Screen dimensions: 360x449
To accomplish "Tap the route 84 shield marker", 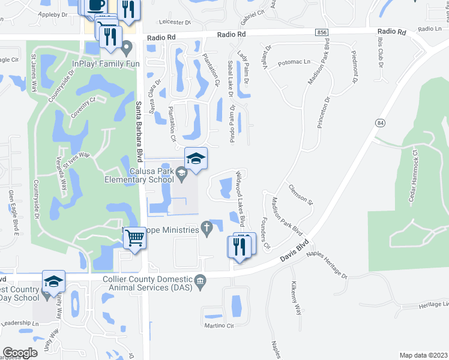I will tap(379, 123).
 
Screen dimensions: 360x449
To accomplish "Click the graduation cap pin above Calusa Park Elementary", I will tap(196, 159).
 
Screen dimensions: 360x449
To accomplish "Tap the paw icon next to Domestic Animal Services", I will tap(200, 280).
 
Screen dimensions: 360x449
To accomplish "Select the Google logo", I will tap(20, 353).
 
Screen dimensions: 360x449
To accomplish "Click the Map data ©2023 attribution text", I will tap(423, 355).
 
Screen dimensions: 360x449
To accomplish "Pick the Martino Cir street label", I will tap(217, 326).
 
